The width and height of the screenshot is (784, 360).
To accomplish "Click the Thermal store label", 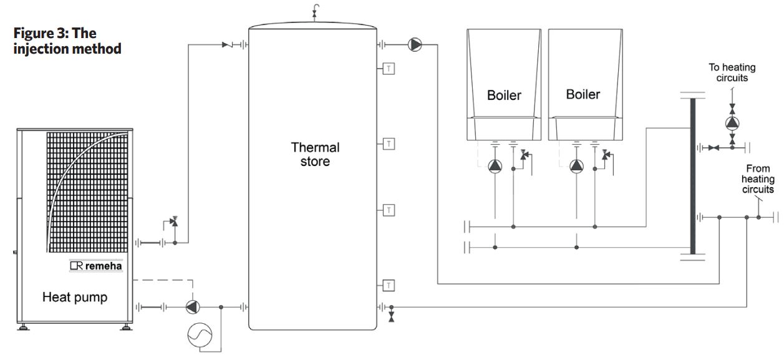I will click(x=315, y=154).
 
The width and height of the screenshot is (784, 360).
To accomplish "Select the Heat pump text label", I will click(x=75, y=297).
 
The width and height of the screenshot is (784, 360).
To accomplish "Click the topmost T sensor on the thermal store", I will click(x=388, y=68).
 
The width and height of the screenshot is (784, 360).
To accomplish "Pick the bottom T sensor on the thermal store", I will click(x=388, y=285).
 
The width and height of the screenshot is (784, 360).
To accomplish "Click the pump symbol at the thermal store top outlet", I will click(x=415, y=44).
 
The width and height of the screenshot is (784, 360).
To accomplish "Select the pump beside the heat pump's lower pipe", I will click(x=192, y=307).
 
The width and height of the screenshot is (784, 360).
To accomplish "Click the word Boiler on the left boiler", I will click(x=504, y=96).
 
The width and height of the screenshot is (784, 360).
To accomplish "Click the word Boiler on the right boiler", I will click(x=583, y=94).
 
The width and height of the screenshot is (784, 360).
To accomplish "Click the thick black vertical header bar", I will click(x=692, y=175).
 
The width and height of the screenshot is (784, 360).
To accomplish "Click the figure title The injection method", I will click(x=67, y=41).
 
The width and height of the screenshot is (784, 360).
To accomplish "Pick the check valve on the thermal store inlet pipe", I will click(x=227, y=44).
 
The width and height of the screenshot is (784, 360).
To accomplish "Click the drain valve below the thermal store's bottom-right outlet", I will click(x=391, y=318).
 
